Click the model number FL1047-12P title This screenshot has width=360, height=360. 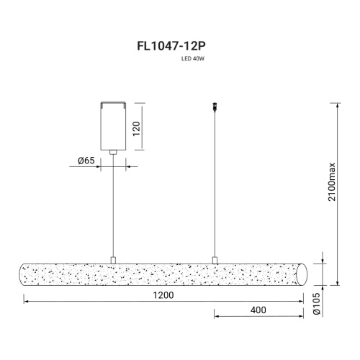click(x=171, y=46)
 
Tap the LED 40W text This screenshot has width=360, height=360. click(x=193, y=58)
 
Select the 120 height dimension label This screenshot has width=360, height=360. click(x=136, y=129)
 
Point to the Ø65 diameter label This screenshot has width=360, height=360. click(x=86, y=161)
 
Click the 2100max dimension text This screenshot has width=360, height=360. click(x=332, y=182)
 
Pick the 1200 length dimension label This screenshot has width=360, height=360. click(x=163, y=295)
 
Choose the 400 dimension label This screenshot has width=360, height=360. click(x=258, y=310)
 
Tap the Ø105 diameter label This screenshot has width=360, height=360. click(x=317, y=304)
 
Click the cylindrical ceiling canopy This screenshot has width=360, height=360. click(x=113, y=126)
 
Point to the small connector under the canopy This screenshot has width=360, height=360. click(x=113, y=153)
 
